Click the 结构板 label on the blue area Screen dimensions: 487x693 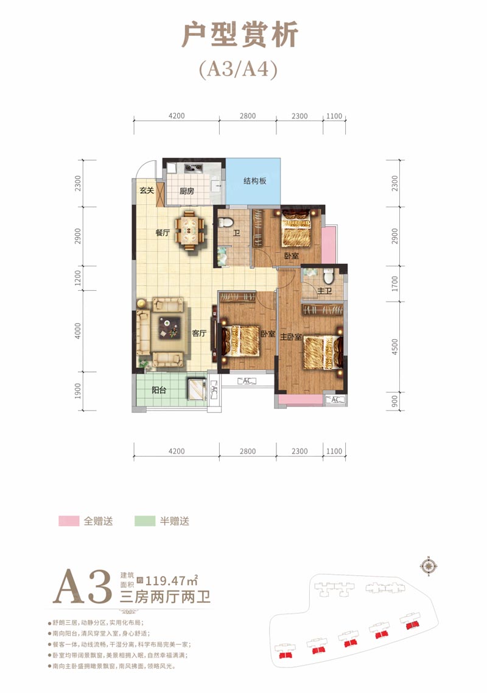(x=254, y=181)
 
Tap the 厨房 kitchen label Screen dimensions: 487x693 (x=187, y=191)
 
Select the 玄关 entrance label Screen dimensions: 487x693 (x=147, y=191)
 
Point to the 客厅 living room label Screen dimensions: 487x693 (x=199, y=333)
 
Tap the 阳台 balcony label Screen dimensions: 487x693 (x=158, y=390)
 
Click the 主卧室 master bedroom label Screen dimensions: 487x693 (x=290, y=337)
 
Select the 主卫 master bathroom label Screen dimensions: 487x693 (x=324, y=291)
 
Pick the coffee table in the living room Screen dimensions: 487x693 (x=170, y=328)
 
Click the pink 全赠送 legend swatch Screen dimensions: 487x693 (x=69, y=521)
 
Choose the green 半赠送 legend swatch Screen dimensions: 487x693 (x=145, y=521)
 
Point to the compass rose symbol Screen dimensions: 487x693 (x=429, y=565)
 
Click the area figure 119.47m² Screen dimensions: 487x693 (x=171, y=580)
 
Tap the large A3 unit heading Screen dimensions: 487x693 (x=82, y=587)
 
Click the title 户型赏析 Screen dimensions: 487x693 (x=240, y=35)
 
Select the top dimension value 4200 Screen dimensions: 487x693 (x=177, y=116)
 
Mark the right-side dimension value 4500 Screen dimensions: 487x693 (x=394, y=346)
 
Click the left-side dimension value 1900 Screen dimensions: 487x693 (x=78, y=391)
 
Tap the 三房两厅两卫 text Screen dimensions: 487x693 (x=165, y=597)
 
